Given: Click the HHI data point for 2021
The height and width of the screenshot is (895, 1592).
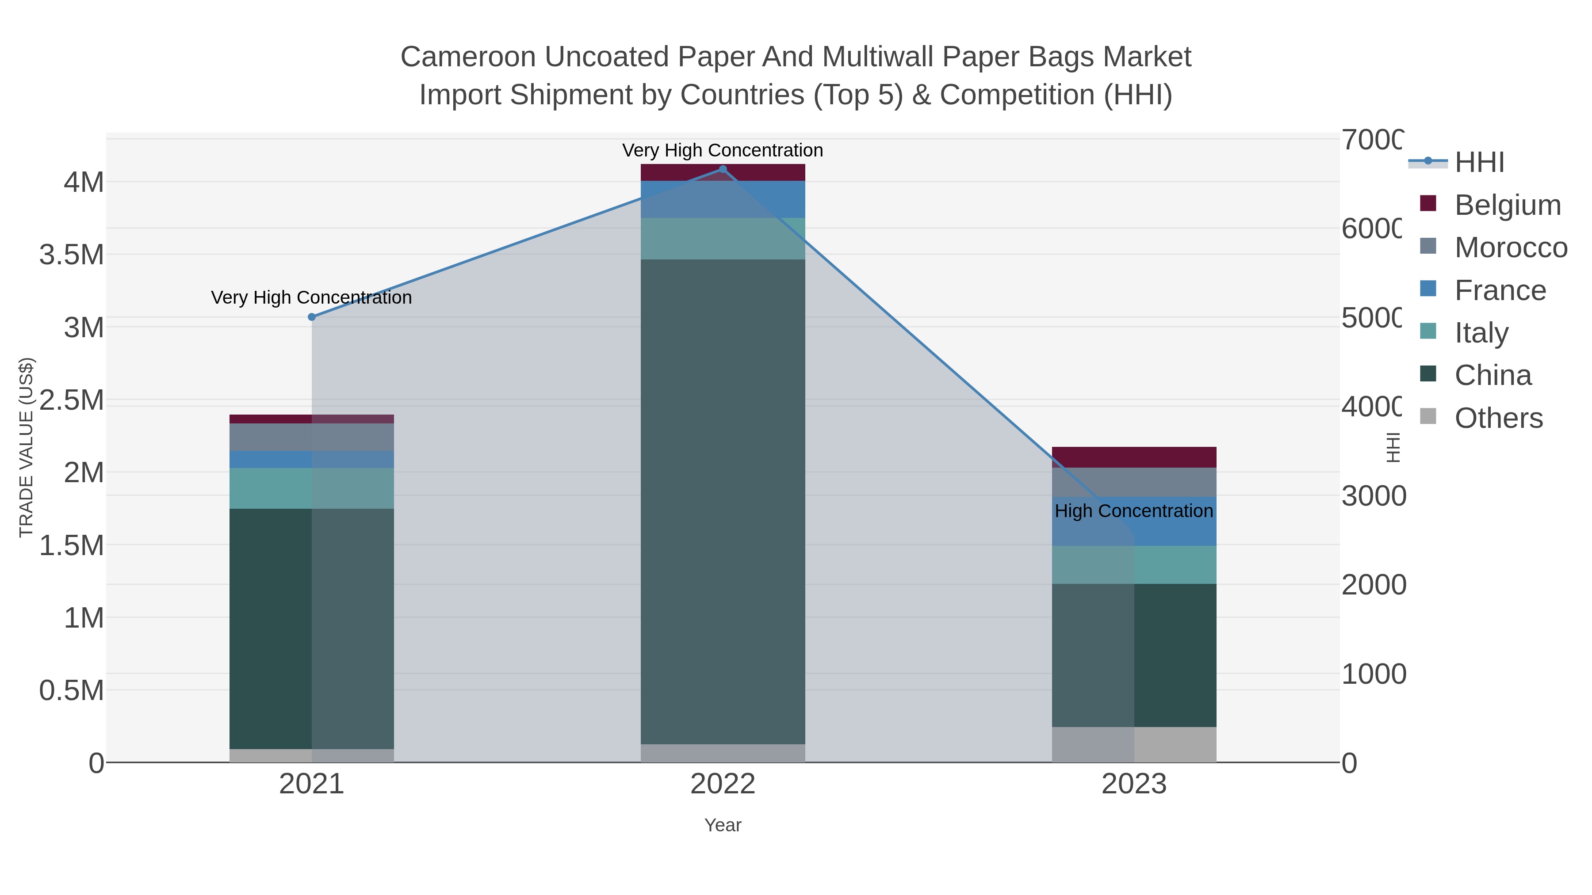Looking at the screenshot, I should click(x=311, y=317).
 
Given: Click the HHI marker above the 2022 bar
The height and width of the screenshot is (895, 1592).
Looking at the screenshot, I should click(x=723, y=169).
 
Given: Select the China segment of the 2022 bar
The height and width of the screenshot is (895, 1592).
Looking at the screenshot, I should click(x=723, y=500).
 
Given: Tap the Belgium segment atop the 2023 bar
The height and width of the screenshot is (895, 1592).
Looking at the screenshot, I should click(x=1133, y=457).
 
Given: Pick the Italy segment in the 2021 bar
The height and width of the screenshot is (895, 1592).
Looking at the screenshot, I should click(x=311, y=488).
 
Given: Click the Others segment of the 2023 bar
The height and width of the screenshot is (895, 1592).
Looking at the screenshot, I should click(x=1133, y=744).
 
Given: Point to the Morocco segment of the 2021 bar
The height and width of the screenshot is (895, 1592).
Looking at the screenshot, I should click(x=311, y=437).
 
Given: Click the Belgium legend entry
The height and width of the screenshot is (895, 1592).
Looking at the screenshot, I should click(x=1508, y=205).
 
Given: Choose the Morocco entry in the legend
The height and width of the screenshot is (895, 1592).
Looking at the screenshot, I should click(x=1511, y=248).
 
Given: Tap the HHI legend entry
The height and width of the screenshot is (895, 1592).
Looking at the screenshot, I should click(x=1479, y=163).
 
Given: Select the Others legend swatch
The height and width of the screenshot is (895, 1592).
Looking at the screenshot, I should click(x=1428, y=416).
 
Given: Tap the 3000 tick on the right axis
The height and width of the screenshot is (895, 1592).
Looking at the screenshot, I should click(x=1373, y=496).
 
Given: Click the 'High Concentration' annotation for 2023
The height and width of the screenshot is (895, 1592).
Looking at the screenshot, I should click(x=1133, y=511).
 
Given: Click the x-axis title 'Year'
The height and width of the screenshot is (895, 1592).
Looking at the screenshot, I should click(x=723, y=825).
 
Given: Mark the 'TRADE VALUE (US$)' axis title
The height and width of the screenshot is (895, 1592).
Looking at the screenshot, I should click(x=26, y=447).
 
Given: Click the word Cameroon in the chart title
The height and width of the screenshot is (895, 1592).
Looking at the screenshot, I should click(x=468, y=57).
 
